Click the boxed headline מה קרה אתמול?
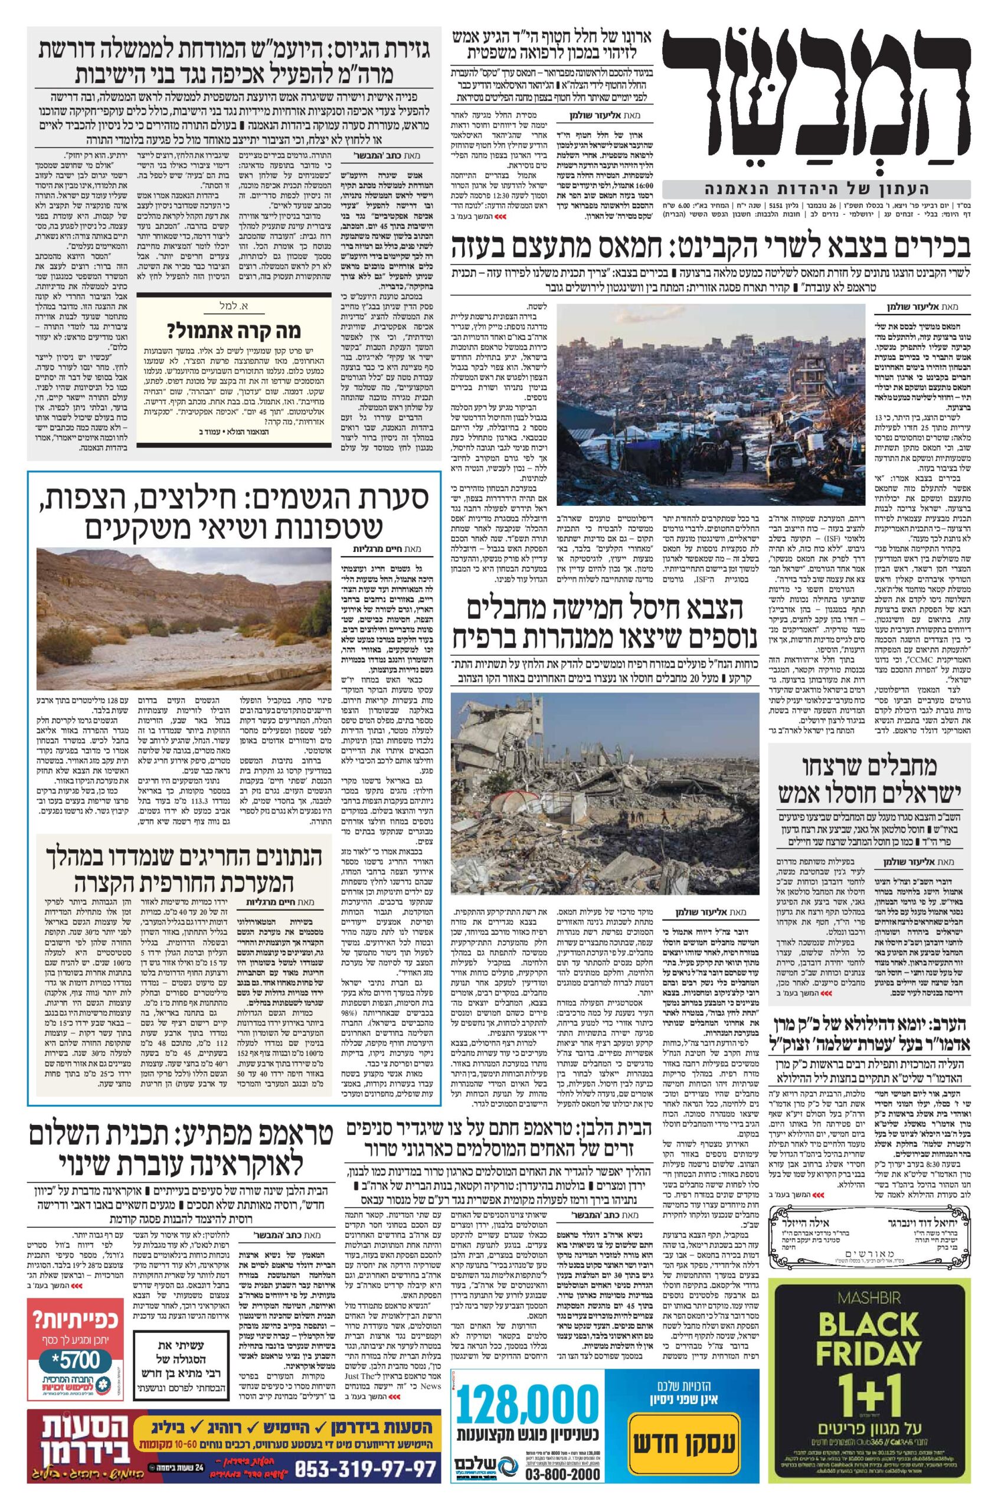pyautogui.click(x=234, y=332)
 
